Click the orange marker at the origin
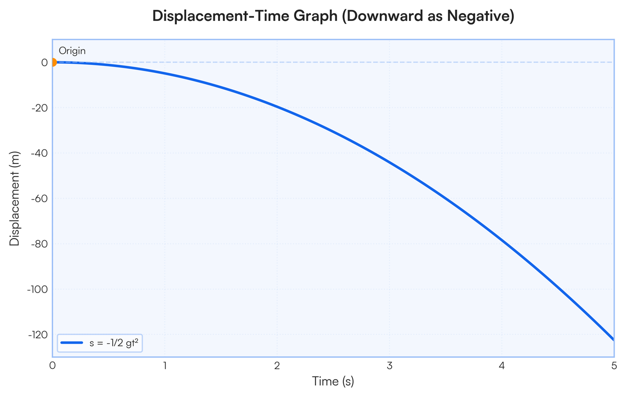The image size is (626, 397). pyautogui.click(x=53, y=62)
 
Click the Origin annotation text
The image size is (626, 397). pyautogui.click(x=72, y=51)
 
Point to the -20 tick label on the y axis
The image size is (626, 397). pyautogui.click(x=40, y=108)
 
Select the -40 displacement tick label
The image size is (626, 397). pyautogui.click(x=40, y=154)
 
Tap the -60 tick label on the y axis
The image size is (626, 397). pyautogui.click(x=40, y=198)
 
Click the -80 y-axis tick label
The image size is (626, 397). pyautogui.click(x=40, y=244)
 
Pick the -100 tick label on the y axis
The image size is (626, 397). pyautogui.click(x=38, y=289)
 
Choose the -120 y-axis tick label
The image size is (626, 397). pyautogui.click(x=38, y=335)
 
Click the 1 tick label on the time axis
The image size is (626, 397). pyautogui.click(x=165, y=366)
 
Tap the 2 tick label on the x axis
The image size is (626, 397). pyautogui.click(x=277, y=366)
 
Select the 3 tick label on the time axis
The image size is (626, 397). pyautogui.click(x=390, y=366)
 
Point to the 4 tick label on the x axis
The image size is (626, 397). pyautogui.click(x=502, y=366)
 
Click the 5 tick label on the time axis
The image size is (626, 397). pyautogui.click(x=614, y=366)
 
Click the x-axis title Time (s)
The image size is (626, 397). pyautogui.click(x=333, y=381)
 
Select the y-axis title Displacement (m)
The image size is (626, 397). pyautogui.click(x=15, y=198)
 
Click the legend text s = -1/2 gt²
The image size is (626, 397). pyautogui.click(x=114, y=343)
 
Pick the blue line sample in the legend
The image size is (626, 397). pyautogui.click(x=72, y=343)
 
